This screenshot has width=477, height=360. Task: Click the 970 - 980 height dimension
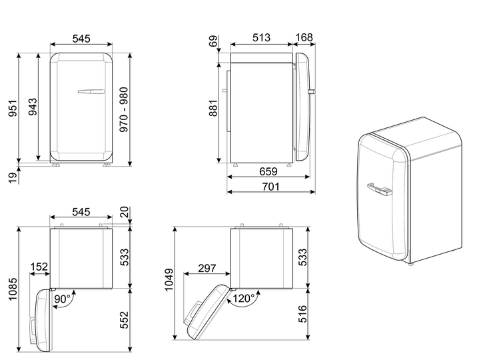coord(124,109)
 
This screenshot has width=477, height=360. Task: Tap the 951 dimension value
coord(13,108)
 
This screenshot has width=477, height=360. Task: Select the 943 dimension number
coord(33,107)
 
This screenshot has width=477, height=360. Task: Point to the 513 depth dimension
coord(261,37)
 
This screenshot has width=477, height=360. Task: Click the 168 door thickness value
coord(304,37)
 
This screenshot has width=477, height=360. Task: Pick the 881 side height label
coord(213,108)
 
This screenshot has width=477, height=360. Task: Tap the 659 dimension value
coord(268,171)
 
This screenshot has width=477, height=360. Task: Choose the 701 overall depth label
coord(270,186)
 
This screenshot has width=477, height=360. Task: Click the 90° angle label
coord(62,299)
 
